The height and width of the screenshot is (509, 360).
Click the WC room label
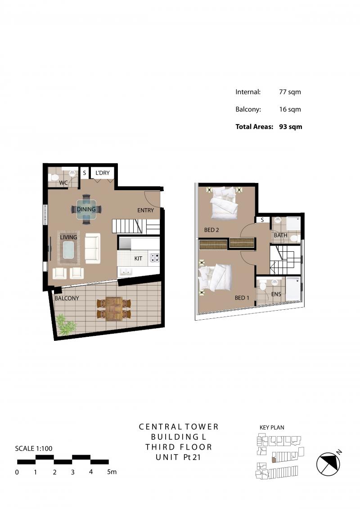click(63, 183)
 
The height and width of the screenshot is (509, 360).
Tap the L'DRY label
click(102, 173)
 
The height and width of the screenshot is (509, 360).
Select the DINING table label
click(86, 210)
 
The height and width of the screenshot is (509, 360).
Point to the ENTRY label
click(145, 210)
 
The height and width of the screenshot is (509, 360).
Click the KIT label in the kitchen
click(139, 259)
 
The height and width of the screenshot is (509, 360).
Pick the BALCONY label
click(67, 298)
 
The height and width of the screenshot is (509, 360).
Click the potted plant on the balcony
click(66, 324)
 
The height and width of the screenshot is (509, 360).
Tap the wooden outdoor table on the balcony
click(114, 309)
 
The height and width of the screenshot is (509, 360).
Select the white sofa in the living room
click(93, 248)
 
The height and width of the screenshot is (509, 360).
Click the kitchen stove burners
click(154, 258)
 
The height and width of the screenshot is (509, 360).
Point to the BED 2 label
click(211, 230)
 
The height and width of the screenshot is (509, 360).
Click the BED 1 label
click(242, 298)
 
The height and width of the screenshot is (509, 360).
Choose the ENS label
click(276, 294)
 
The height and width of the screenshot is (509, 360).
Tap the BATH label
click(280, 235)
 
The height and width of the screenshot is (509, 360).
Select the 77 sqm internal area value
click(290, 92)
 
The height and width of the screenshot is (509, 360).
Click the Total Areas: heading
click(254, 127)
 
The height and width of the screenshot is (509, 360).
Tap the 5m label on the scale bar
click(112, 472)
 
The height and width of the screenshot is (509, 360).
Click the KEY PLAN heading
click(272, 428)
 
